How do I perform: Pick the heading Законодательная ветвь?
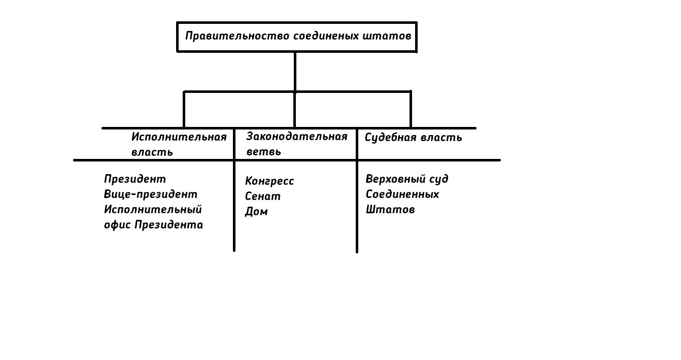pyautogui.click(x=296, y=144)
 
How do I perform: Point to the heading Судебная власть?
pyautogui.click(x=413, y=138)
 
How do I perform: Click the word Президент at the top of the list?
pyautogui.click(x=135, y=179)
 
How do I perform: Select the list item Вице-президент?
pyautogui.click(x=151, y=194)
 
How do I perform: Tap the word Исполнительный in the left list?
pyautogui.click(x=153, y=210)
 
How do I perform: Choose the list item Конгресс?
pyautogui.click(x=269, y=181)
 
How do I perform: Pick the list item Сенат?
pyautogui.click(x=262, y=197)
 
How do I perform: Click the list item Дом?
pyautogui.click(x=256, y=212)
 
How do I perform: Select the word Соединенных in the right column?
pyautogui.click(x=402, y=194)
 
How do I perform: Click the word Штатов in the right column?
pyautogui.click(x=390, y=210)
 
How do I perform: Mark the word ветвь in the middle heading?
pyautogui.click(x=263, y=152)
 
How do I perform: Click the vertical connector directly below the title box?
pyautogui.click(x=295, y=71)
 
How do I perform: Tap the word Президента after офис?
pyautogui.click(x=168, y=225)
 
